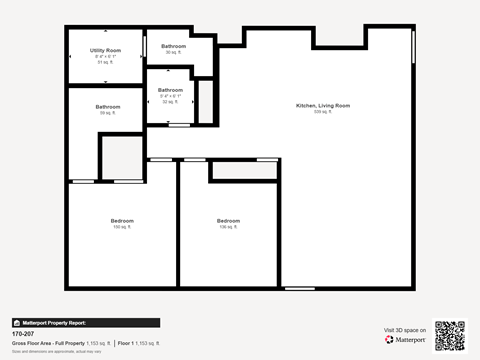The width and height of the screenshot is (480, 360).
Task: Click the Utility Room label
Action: [105, 49]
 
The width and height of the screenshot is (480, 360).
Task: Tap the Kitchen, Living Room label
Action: [322, 105]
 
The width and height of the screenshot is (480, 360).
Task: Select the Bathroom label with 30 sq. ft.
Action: [174, 46]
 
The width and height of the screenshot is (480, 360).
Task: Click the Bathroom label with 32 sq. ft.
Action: [169, 90]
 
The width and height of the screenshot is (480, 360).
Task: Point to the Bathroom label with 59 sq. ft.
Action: [107, 107]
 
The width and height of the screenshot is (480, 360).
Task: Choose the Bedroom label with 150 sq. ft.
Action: [122, 220]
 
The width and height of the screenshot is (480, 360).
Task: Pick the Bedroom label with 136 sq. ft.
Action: [228, 220]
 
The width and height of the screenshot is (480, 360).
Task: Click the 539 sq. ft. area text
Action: [322, 112]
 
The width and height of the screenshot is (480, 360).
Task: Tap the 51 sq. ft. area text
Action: [105, 62]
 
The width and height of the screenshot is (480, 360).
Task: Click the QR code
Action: [450, 335]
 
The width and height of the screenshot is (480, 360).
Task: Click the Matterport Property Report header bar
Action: [85, 323]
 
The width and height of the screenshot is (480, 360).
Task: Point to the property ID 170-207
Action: [22, 334]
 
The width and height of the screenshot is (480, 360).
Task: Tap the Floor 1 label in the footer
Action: [127, 343]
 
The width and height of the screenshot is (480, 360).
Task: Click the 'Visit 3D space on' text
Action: [405, 330]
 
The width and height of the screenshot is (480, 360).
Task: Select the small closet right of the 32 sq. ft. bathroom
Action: [205, 100]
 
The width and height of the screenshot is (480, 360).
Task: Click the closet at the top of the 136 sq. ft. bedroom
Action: [244, 171]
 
